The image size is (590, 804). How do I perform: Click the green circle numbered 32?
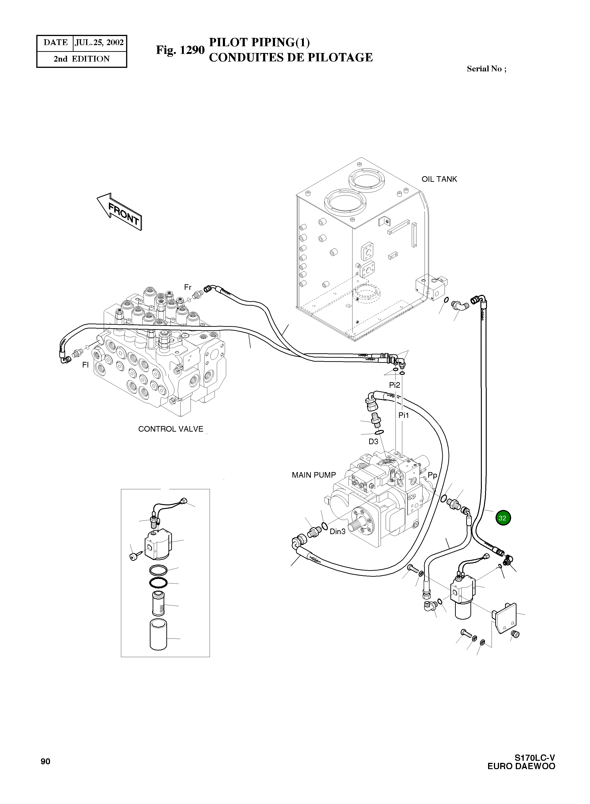coord(503,518)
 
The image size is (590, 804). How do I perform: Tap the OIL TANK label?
coord(439,179)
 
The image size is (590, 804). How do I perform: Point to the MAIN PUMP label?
coord(314,475)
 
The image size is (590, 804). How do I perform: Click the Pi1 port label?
coord(404,415)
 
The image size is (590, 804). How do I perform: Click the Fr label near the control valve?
coord(188,287)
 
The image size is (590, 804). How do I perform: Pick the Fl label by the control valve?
coord(85,365)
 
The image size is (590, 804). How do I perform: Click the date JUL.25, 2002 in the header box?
coord(99,43)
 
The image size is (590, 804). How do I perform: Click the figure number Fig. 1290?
coord(180,50)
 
